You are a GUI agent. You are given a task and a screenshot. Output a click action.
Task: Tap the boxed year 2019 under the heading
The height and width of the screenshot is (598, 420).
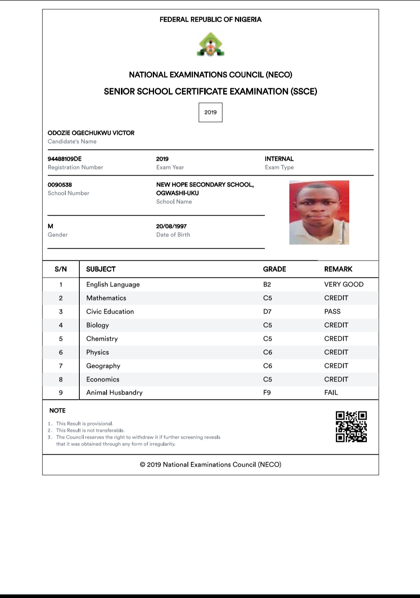[210, 112]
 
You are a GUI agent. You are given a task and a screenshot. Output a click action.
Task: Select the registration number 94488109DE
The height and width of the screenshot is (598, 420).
[65, 159]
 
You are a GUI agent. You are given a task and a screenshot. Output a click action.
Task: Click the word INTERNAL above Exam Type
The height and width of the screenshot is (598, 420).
[279, 159]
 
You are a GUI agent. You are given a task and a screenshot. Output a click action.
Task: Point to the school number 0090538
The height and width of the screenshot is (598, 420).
[60, 185]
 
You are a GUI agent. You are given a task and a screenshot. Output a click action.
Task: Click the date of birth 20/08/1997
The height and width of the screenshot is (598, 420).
[171, 226]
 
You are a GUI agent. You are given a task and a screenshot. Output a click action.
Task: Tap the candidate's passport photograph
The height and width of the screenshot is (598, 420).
[319, 213]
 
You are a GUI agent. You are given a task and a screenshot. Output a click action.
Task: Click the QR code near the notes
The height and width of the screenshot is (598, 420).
[351, 427]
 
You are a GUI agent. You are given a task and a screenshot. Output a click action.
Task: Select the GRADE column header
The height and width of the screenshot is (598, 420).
[275, 269]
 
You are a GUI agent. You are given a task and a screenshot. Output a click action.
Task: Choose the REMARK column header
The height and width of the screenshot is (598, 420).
[338, 269]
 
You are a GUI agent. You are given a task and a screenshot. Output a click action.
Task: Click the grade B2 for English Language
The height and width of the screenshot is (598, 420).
[267, 284]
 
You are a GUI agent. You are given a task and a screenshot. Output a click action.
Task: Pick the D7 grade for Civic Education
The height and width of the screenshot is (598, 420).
[268, 312]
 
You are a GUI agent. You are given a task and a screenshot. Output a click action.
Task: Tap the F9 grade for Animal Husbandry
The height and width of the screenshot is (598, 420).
[267, 392]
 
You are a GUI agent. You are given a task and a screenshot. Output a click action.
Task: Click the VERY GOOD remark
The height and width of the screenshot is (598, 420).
[344, 284]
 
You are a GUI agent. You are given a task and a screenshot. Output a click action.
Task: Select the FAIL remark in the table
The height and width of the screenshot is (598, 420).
[331, 392]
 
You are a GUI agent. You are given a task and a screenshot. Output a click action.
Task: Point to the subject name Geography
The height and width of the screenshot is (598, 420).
[103, 366]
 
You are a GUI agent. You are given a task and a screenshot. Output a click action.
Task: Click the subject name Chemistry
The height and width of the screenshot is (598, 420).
[102, 339]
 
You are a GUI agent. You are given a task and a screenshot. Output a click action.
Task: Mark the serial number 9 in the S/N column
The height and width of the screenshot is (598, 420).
[61, 392]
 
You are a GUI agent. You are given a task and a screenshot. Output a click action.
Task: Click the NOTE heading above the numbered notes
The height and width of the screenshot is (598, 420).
[58, 411]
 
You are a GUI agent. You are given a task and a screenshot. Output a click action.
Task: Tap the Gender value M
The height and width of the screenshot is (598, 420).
[51, 226]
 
